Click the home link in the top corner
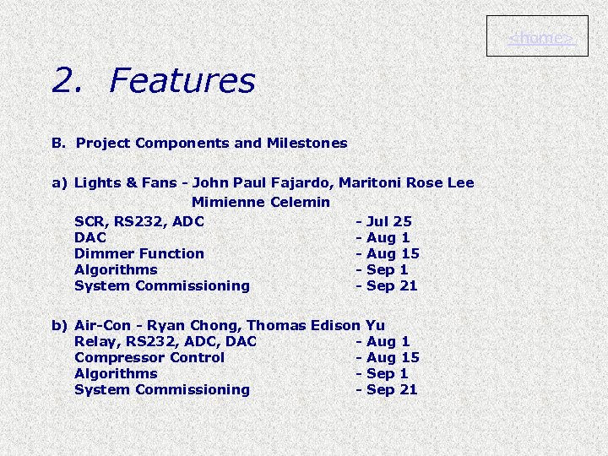coord(537,38)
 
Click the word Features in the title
coord(182,81)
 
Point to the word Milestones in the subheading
coord(307,143)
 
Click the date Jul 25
coord(389,221)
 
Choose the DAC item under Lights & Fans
coord(90,237)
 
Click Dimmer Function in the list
coord(139,253)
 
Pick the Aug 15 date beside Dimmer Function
coord(393,253)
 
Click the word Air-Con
coord(103,325)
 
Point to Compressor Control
coord(149,357)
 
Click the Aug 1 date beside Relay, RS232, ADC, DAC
coord(388,341)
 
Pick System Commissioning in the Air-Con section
coord(162,389)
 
